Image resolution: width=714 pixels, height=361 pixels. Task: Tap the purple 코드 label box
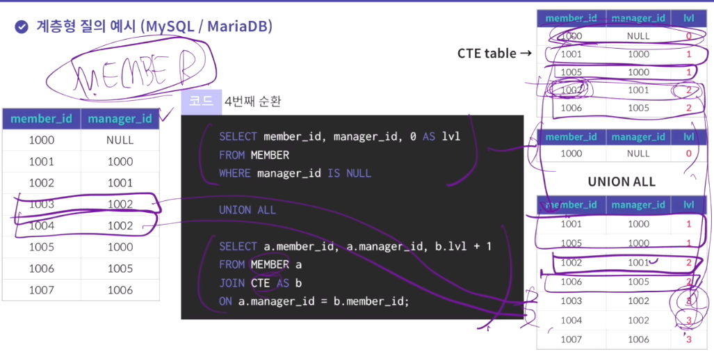201,102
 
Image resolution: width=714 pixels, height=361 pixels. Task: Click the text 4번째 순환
253,102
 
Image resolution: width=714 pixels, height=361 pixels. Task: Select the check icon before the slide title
22,27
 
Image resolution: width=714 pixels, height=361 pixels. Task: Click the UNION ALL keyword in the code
247,209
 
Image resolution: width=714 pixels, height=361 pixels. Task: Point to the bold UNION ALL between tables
622,181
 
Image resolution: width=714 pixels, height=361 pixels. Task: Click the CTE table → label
494,53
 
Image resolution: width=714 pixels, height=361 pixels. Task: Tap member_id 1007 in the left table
41,290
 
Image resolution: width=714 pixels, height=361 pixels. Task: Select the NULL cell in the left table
120,140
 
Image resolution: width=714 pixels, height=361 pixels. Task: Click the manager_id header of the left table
120,118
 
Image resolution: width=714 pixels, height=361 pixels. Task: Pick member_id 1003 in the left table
41,204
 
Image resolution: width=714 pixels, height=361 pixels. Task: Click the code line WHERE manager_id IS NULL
295,173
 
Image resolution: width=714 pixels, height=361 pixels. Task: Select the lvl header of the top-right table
688,18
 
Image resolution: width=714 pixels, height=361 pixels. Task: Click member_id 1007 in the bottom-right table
571,339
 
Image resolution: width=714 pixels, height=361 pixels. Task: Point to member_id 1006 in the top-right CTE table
571,108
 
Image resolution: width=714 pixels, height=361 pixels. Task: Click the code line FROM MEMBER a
257,264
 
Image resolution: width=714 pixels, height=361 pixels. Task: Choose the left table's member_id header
41,118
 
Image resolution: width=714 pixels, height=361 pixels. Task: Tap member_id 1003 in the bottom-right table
571,300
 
